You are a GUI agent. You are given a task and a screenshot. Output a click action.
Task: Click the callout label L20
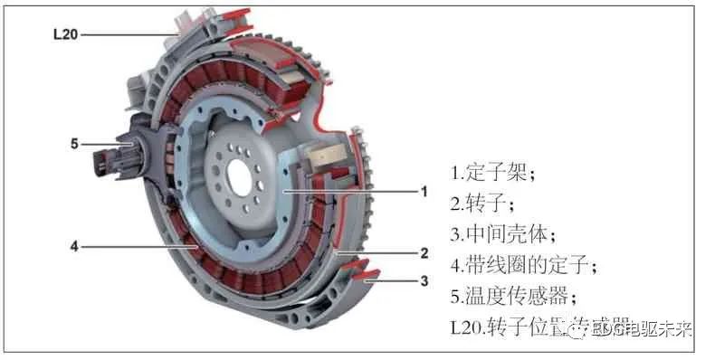coord(67,34)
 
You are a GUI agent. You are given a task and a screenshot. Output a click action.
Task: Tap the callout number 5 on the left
coord(75,143)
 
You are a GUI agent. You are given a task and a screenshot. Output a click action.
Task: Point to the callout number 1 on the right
coord(422,192)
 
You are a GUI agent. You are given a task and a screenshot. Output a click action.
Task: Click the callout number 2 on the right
coord(424,253)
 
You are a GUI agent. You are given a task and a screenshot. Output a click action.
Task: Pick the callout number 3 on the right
coord(424,281)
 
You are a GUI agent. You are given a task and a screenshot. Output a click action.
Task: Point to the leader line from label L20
coord(131,34)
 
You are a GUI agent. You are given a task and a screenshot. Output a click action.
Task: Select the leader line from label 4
coord(136,245)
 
